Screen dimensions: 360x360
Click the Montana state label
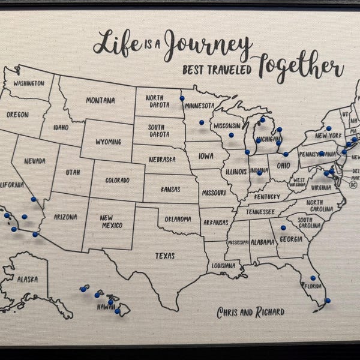[100, 100]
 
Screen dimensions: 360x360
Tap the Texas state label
[165, 256]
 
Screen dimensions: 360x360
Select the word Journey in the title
[207, 45]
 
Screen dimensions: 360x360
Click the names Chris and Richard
[251, 312]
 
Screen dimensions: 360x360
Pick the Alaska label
[27, 280]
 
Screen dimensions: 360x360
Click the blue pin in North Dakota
[182, 98]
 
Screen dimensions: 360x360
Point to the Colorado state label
[118, 180]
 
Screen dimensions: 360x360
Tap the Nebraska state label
[162, 160]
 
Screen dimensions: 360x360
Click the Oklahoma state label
[178, 219]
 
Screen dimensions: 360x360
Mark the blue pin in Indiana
[260, 173]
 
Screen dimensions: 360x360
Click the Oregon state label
[18, 114]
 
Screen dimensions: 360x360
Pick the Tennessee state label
[260, 212]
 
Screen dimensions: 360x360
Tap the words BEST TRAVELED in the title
[218, 69]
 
